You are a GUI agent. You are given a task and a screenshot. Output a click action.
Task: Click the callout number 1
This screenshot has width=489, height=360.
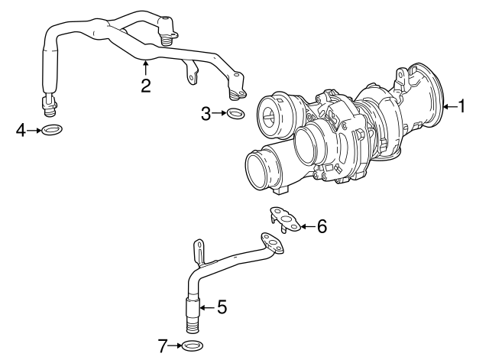coord(461,106)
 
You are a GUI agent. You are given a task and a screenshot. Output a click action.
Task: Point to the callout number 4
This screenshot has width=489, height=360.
coord(21,131)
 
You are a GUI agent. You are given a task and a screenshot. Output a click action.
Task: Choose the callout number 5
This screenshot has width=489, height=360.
coord(222,307)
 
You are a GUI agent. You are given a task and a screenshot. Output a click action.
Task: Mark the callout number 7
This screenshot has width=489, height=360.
coord(163,347)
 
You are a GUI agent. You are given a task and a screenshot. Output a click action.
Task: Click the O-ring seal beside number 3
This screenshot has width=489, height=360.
coord(236,115)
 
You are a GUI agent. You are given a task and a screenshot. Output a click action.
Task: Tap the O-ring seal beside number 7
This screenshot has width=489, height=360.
coord(192,347)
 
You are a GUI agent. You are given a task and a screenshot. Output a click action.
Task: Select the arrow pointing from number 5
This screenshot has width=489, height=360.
coord(206,307)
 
